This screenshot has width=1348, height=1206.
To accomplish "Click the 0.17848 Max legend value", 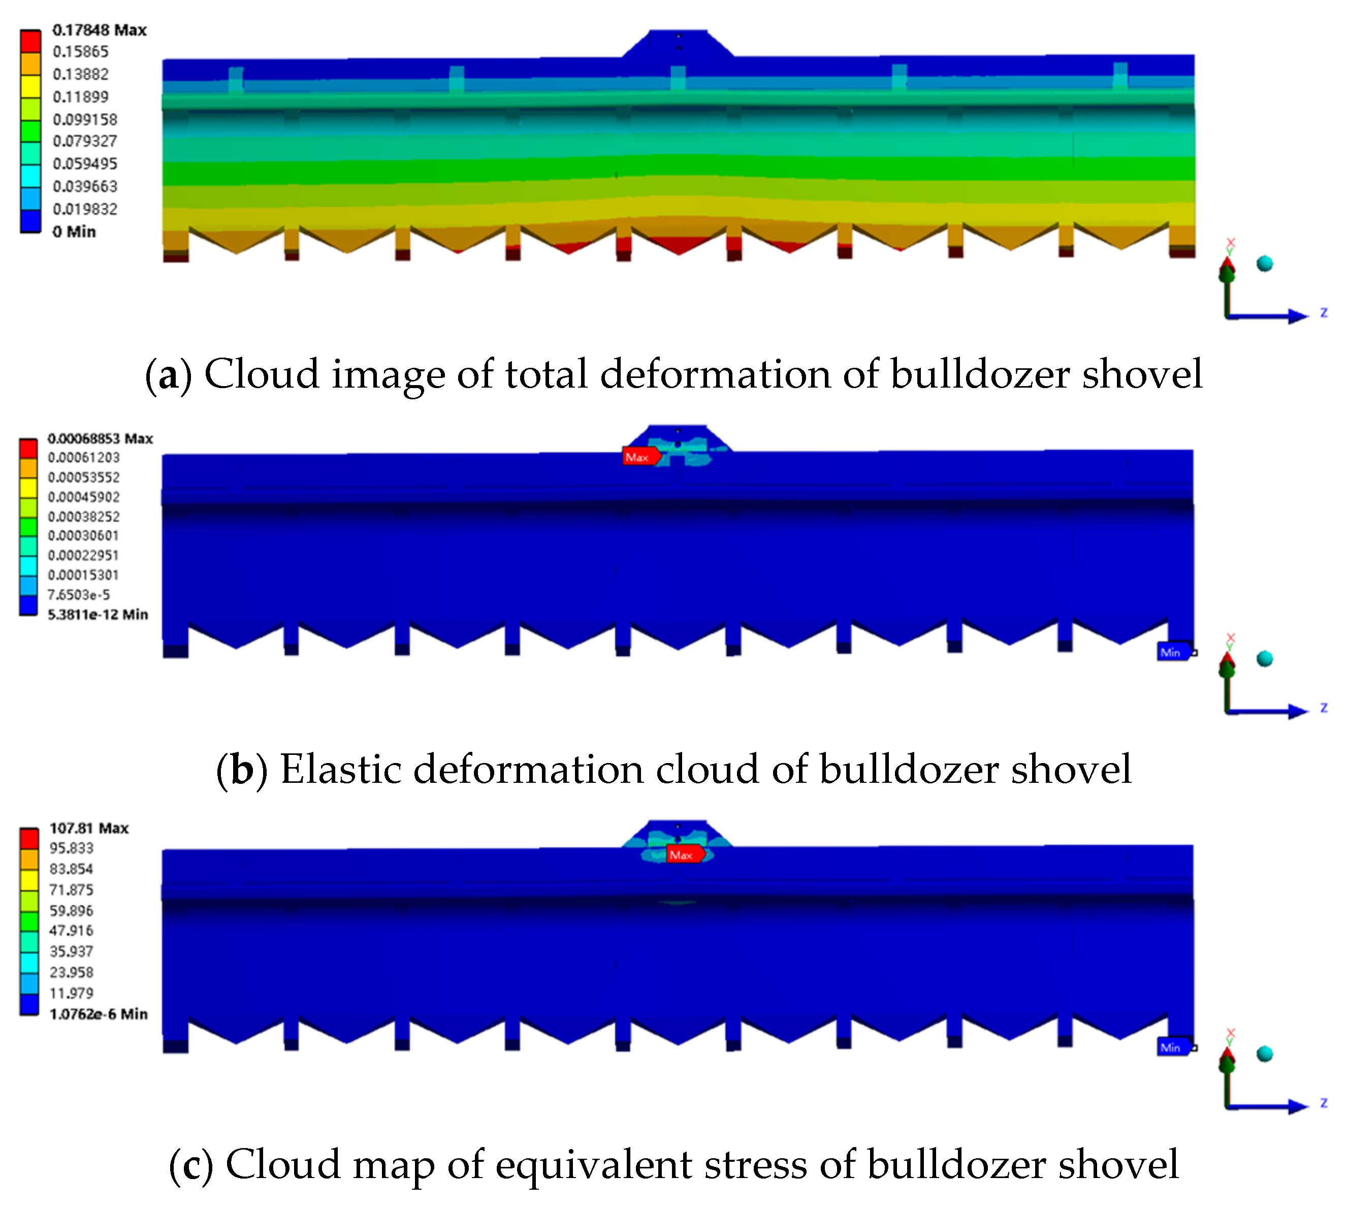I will (100, 30).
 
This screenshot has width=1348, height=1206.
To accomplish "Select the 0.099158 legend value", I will (85, 119).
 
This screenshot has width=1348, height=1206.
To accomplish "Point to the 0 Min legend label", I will (74, 231).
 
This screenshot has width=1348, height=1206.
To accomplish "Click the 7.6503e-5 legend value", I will (78, 594).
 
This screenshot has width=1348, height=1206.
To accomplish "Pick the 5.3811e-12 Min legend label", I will (98, 614).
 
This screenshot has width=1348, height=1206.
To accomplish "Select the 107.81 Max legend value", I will (89, 828).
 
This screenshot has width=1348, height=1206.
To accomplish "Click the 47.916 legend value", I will (71, 930).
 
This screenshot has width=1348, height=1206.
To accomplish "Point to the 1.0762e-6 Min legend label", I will (98, 1014).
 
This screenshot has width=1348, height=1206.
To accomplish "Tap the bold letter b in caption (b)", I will (242, 770).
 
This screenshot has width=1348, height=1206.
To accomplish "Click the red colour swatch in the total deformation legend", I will (30, 41).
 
